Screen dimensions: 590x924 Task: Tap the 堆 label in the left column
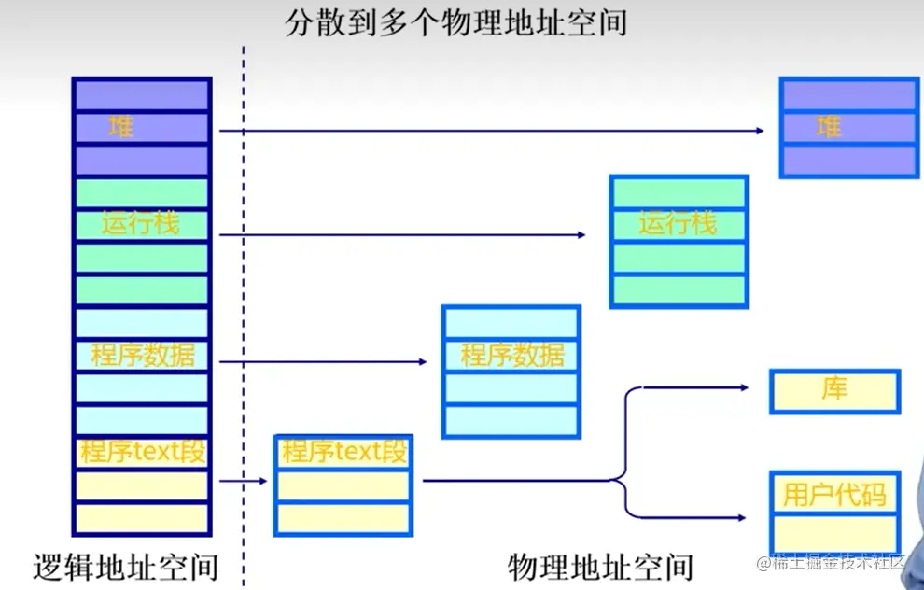[x=121, y=127]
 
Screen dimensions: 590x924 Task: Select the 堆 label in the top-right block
[x=829, y=127]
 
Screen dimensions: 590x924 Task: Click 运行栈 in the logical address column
[x=140, y=224]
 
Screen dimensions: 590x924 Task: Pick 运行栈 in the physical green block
[x=678, y=224]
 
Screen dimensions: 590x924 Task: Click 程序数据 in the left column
[x=142, y=356]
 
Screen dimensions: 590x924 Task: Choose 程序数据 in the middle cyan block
[x=511, y=356]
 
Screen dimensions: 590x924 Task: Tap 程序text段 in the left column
[x=142, y=453]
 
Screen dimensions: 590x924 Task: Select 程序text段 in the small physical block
[x=343, y=453]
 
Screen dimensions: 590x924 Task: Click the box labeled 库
[x=834, y=390]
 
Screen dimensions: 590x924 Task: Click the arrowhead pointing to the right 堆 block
[x=760, y=131]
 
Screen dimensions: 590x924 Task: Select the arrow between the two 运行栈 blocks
[x=401, y=235]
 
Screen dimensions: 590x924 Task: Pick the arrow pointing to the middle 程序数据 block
[x=322, y=361]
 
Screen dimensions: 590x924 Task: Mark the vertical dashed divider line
[x=244, y=308]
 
